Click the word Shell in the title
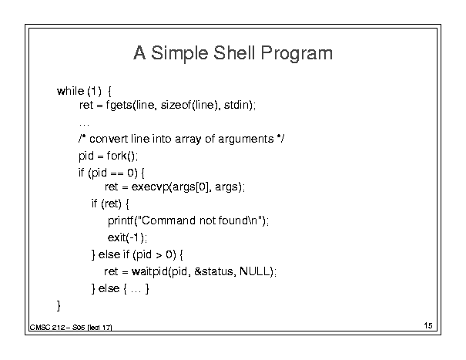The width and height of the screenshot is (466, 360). pos(234,52)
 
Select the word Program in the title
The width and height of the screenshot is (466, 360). pos(297,54)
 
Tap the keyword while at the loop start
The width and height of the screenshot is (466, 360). pos(70,91)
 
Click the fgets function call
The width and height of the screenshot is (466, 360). pos(119,106)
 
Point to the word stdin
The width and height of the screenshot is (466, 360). pos(236,105)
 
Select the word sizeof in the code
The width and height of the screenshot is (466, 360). pos(176,105)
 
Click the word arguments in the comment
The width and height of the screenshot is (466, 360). pos(246,140)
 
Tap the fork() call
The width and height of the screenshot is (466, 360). pos(121,156)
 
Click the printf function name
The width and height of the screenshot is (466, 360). pos(121,220)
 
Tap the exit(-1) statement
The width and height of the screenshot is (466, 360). pos(127,237)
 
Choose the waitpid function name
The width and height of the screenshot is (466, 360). pos(149,272)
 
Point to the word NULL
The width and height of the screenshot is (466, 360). pos(254,271)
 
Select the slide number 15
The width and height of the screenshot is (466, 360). pos(428,325)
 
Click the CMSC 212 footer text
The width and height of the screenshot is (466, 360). pos(47,328)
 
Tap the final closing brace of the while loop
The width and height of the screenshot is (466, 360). pos(59,305)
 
